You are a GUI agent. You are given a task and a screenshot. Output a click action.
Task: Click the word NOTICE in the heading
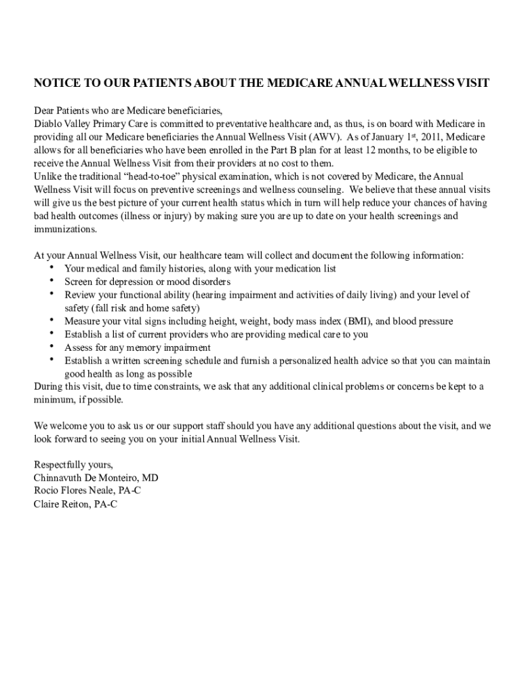[57, 83]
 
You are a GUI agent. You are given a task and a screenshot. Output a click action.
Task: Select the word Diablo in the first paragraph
[48, 124]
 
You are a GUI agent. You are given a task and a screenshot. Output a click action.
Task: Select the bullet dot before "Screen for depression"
[52, 281]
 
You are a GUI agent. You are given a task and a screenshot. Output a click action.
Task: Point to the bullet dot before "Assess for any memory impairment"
[52, 347]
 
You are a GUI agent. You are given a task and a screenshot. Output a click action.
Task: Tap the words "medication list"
[303, 269]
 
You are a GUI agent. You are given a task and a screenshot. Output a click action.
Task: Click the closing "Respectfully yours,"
[73, 465]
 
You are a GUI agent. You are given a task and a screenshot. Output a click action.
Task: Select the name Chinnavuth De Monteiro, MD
[96, 478]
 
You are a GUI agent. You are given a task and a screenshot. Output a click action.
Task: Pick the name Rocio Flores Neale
[74, 491]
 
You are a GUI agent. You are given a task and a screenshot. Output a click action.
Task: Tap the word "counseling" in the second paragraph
[319, 189]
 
